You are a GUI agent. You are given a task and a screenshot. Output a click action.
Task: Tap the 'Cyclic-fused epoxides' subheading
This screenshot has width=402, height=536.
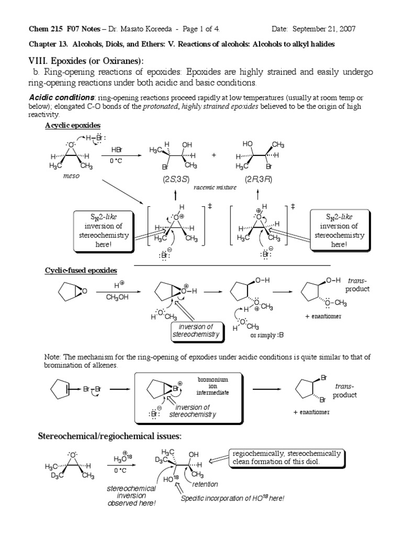click(x=81, y=270)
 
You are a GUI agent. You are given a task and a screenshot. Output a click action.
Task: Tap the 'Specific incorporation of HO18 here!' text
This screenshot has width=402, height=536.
click(x=232, y=498)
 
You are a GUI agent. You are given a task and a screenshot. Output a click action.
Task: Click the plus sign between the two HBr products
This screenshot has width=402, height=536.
click(x=214, y=155)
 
